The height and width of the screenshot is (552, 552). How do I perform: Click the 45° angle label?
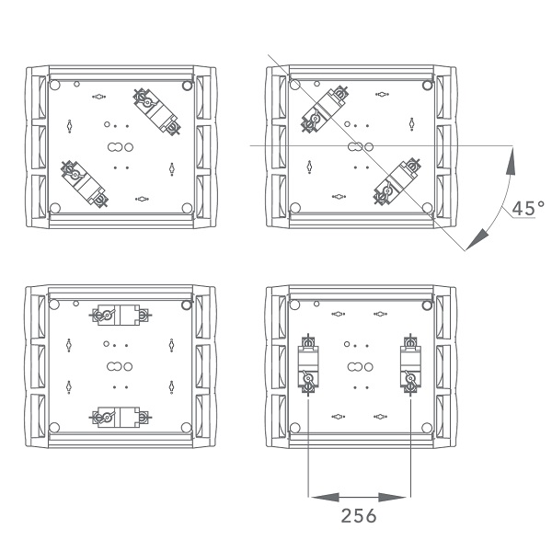click(x=528, y=208)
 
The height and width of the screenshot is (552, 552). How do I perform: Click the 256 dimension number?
click(x=359, y=516)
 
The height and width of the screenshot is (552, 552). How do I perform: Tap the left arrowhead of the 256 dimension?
click(x=326, y=497)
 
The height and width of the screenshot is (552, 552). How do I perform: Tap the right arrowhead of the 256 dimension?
click(x=392, y=497)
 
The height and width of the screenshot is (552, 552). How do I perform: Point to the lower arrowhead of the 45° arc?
click(x=477, y=240)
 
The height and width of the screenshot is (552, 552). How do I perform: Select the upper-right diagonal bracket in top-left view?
click(x=156, y=111)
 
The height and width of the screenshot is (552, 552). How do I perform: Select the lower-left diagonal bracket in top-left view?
click(x=85, y=184)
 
